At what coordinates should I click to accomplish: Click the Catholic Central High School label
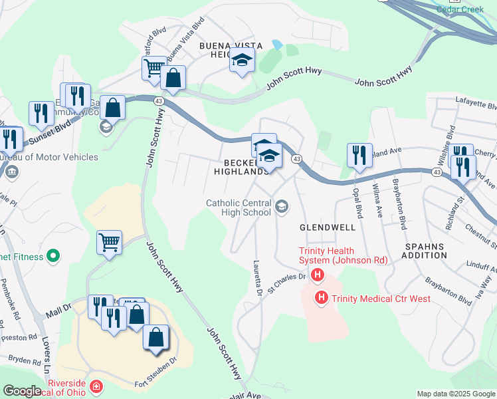(x=239, y=207)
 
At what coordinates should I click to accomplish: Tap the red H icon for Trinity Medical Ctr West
(x=322, y=298)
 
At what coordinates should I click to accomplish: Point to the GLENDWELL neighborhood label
(x=327, y=227)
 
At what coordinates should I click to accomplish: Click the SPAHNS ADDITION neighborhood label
(x=425, y=250)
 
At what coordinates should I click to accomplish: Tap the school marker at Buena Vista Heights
(x=243, y=61)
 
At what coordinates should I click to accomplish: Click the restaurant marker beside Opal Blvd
(x=359, y=155)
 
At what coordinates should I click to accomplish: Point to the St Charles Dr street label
(x=286, y=283)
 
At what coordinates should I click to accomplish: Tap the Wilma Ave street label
(x=378, y=200)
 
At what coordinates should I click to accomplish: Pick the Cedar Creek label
(x=459, y=9)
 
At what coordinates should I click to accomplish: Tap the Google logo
(x=22, y=391)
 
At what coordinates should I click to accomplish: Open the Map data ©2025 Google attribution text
(x=456, y=394)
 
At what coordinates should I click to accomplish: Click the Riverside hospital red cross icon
(x=97, y=386)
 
